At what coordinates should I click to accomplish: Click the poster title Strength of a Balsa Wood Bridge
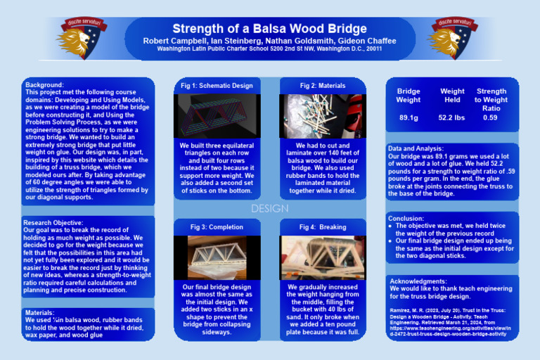269,29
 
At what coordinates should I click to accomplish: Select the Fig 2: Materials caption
323,86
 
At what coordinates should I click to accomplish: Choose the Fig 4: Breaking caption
323,227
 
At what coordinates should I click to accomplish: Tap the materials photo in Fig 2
323,115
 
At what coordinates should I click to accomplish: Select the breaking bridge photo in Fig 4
323,257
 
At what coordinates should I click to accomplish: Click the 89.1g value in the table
409,117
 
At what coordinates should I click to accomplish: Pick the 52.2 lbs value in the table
452,117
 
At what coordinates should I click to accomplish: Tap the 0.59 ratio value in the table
491,117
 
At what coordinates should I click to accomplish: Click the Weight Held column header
452,96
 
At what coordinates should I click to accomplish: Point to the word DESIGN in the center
269,209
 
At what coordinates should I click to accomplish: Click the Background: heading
44,85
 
